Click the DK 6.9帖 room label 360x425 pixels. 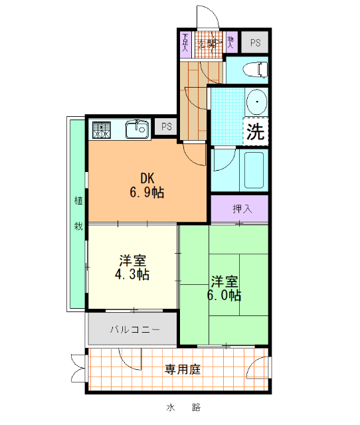(147, 185)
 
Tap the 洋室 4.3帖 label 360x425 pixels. (134, 267)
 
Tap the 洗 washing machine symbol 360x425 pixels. (254, 131)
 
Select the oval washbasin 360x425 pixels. (255, 102)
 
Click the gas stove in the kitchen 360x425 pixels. (102, 129)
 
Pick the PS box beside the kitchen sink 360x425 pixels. (166, 127)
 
